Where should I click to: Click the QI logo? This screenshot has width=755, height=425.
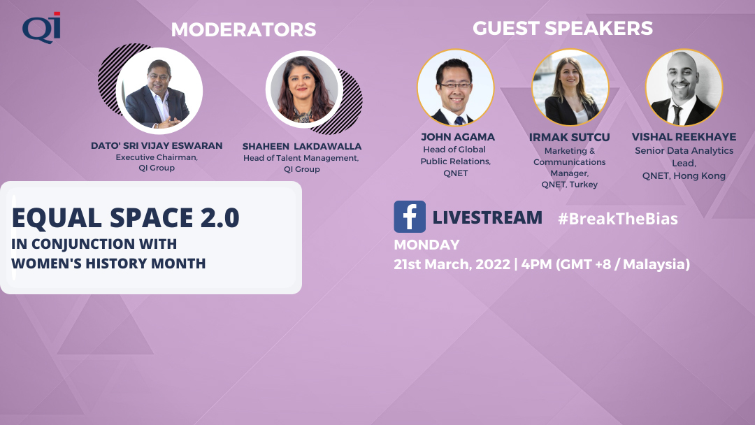pyautogui.click(x=41, y=27)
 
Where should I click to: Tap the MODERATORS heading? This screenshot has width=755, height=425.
pyautogui.click(x=244, y=30)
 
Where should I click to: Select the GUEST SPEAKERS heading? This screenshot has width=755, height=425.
pyautogui.click(x=562, y=29)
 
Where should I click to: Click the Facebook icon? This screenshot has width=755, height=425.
pyautogui.click(x=410, y=217)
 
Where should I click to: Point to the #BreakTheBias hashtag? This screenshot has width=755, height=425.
pyautogui.click(x=618, y=219)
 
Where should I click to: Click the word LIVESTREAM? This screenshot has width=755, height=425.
pyautogui.click(x=487, y=217)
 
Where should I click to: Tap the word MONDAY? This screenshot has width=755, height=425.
pyautogui.click(x=426, y=245)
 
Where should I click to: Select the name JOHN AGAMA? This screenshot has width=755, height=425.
pyautogui.click(x=457, y=137)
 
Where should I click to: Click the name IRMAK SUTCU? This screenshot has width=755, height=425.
pyautogui.click(x=569, y=138)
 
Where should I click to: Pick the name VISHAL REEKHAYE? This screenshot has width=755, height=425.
pyautogui.click(x=684, y=137)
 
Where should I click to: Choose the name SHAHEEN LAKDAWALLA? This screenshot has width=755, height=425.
pyautogui.click(x=302, y=146)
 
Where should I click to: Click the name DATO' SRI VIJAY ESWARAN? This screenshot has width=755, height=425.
pyautogui.click(x=157, y=146)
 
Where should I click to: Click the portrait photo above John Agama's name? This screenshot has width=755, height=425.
pyautogui.click(x=456, y=87)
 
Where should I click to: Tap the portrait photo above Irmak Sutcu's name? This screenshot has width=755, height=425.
pyautogui.click(x=570, y=87)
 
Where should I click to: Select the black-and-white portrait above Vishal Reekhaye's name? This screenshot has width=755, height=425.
pyautogui.click(x=684, y=87)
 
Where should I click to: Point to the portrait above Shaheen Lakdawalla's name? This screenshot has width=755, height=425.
pyautogui.click(x=304, y=89)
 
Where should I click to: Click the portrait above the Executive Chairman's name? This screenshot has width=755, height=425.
pyautogui.click(x=159, y=90)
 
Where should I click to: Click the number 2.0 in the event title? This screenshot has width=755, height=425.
pyautogui.click(x=220, y=218)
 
